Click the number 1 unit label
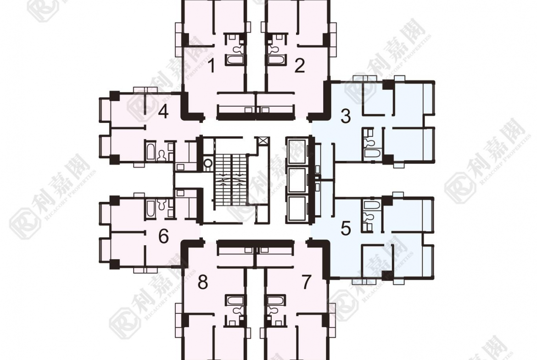[x=211, y=66]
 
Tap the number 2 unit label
[x=300, y=66]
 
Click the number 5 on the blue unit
[x=346, y=227]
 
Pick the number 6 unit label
[x=163, y=237]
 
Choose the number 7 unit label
[x=307, y=283]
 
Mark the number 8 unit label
[x=202, y=283]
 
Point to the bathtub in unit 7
[x=274, y=301]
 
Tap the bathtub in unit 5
[x=373, y=205]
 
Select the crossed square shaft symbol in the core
[x=263, y=141]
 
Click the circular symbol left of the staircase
[x=208, y=163]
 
